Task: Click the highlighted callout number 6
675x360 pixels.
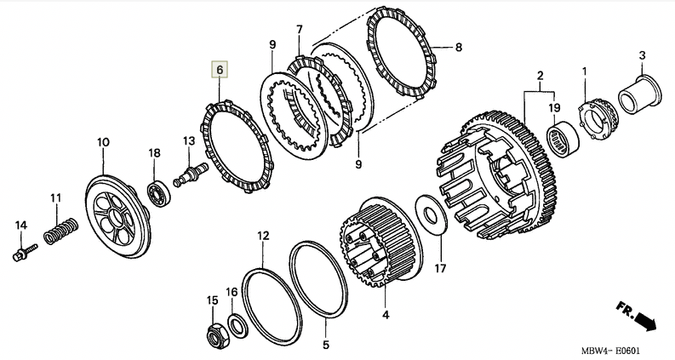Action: (x=220, y=69)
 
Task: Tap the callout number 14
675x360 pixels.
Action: (x=21, y=225)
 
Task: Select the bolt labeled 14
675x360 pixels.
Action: (x=24, y=251)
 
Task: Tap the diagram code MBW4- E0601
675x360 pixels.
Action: (x=612, y=350)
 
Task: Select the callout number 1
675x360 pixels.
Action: (x=584, y=70)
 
